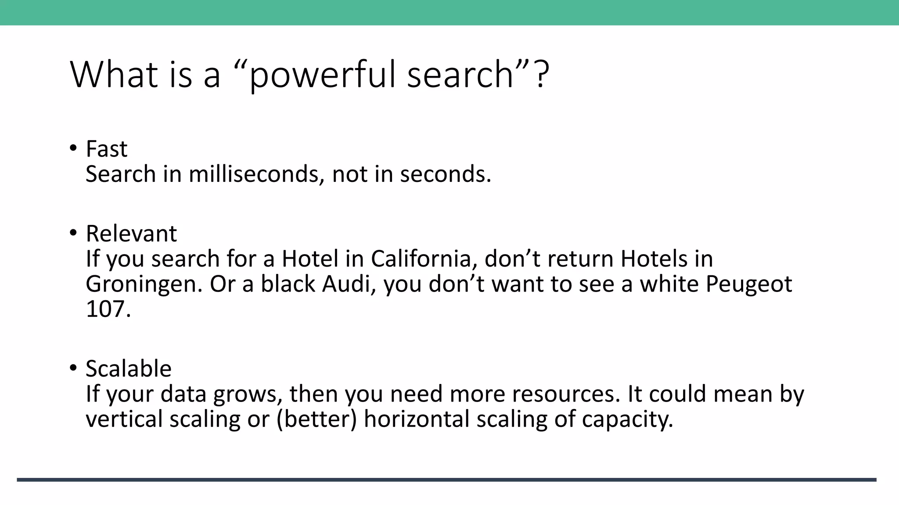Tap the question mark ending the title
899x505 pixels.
(541, 75)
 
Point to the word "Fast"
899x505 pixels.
(106, 149)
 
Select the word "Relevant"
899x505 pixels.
(131, 234)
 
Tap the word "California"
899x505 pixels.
(424, 259)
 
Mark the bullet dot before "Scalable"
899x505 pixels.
(73, 367)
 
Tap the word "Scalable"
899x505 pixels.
(128, 369)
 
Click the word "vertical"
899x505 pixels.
(124, 419)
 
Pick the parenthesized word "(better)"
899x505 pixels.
(316, 419)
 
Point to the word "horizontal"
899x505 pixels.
(417, 419)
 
